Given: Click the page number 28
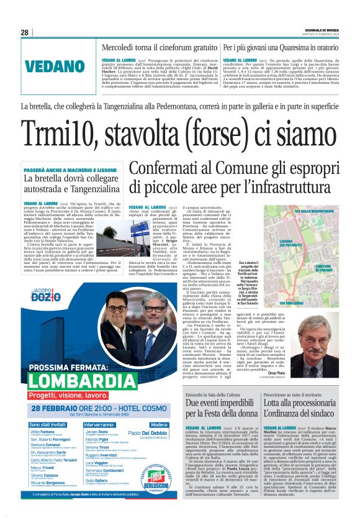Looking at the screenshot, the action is coord(24,33).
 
